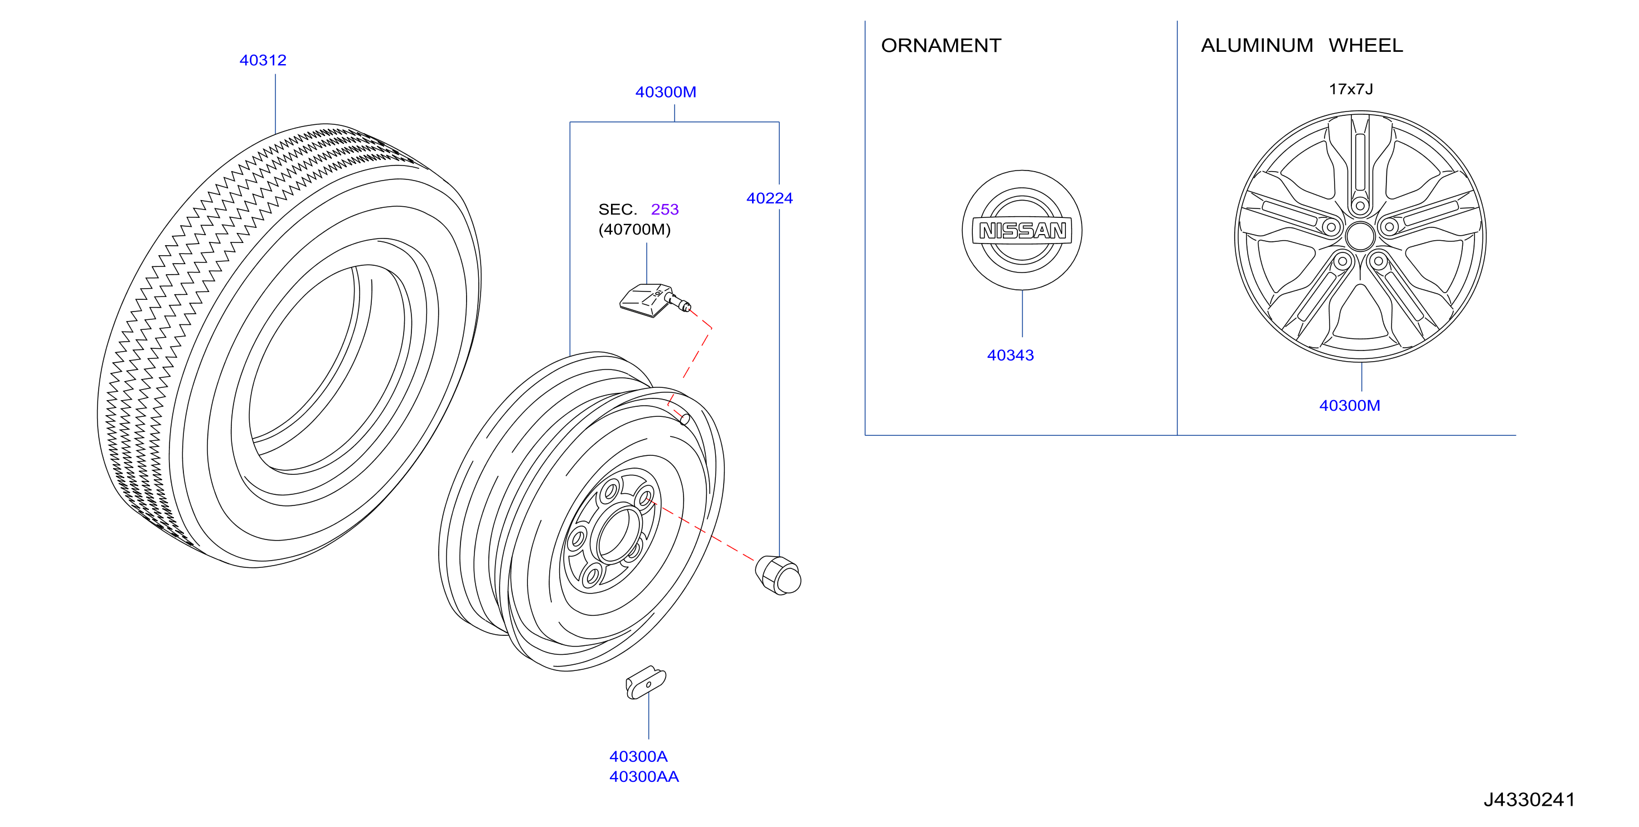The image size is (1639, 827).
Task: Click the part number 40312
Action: pos(263,60)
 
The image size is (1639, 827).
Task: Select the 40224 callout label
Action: pos(769,198)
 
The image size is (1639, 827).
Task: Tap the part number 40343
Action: pos(1010,356)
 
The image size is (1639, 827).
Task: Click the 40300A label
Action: pos(638,756)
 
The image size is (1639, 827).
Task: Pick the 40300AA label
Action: pos(644,777)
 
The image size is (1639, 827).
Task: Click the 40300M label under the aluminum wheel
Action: pos(1350,406)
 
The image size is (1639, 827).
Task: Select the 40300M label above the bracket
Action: pos(666,93)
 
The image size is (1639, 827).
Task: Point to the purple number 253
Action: pos(665,210)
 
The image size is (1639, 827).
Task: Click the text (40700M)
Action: pos(634,230)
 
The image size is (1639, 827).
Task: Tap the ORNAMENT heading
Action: pos(941,46)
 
